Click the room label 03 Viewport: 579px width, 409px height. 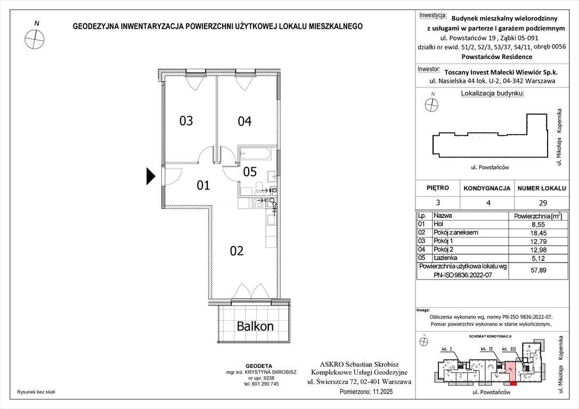point(186,121)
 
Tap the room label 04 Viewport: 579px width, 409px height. point(244,121)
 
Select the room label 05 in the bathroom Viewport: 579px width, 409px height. point(250,172)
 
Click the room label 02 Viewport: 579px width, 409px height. point(237,251)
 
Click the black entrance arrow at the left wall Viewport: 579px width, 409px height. point(150,176)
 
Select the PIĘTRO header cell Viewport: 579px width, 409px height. point(438,188)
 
